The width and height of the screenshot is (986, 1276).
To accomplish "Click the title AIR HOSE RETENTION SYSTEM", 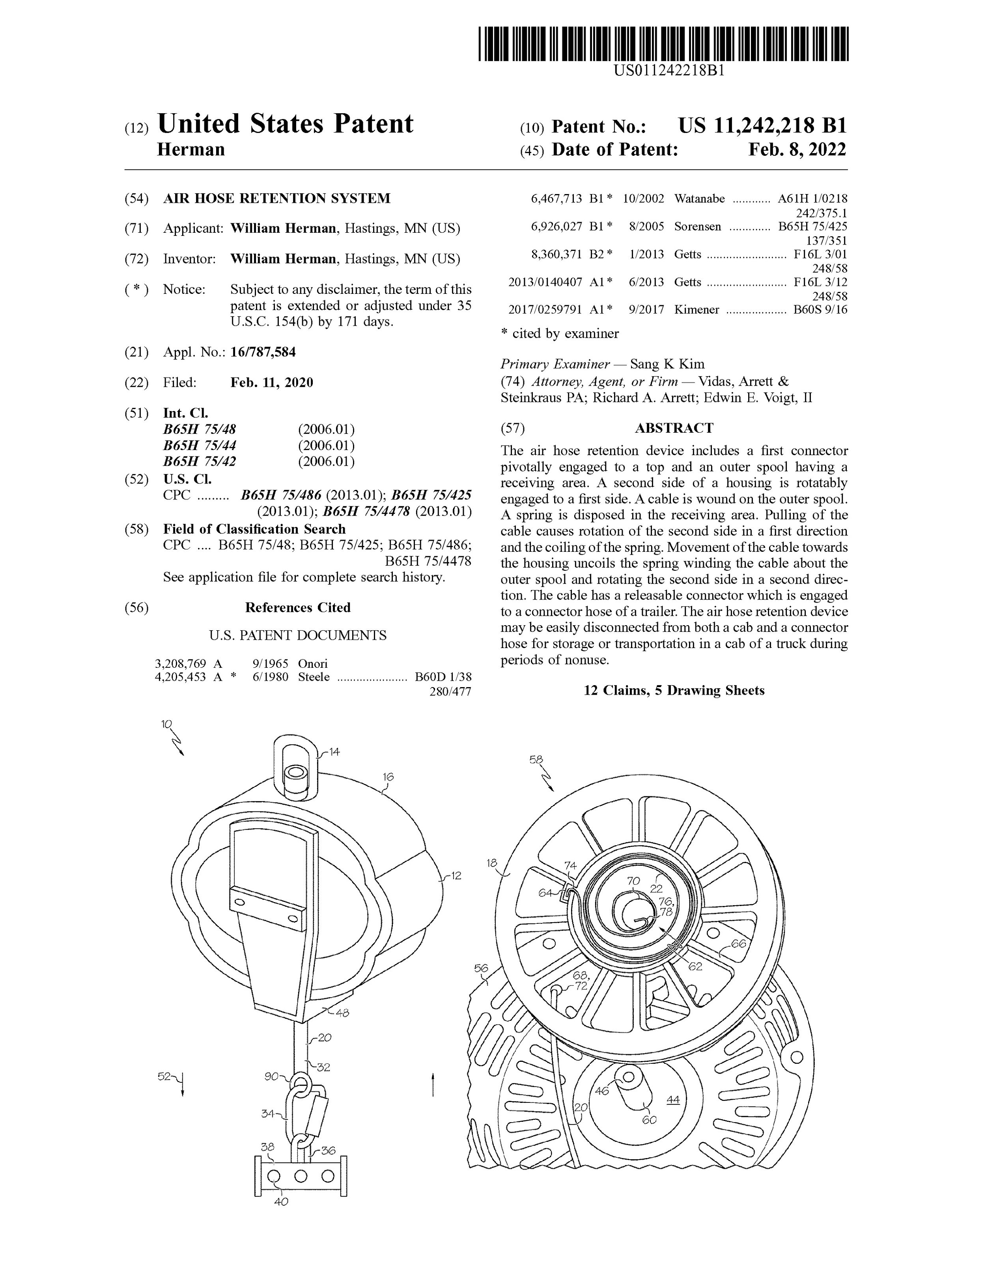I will coord(277,199).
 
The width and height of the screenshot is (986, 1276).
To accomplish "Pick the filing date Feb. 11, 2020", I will coord(272,383).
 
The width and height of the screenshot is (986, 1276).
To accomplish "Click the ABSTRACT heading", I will coord(674,428).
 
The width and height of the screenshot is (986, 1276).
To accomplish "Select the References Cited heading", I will coord(297,607).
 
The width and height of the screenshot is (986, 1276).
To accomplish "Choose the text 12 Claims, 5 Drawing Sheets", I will coord(674,691).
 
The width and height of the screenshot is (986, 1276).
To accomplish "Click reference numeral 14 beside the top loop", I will coord(334,752).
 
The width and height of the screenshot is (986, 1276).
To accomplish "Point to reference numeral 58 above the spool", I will coord(536,760).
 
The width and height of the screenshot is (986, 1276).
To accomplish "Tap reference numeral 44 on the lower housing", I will coord(673,1100).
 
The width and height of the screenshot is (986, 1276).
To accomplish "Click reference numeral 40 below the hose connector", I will coord(281,1202).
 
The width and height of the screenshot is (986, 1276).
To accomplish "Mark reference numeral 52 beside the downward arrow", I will coord(164,1076).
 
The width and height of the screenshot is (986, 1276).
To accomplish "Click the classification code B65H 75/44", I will coord(200,446).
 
